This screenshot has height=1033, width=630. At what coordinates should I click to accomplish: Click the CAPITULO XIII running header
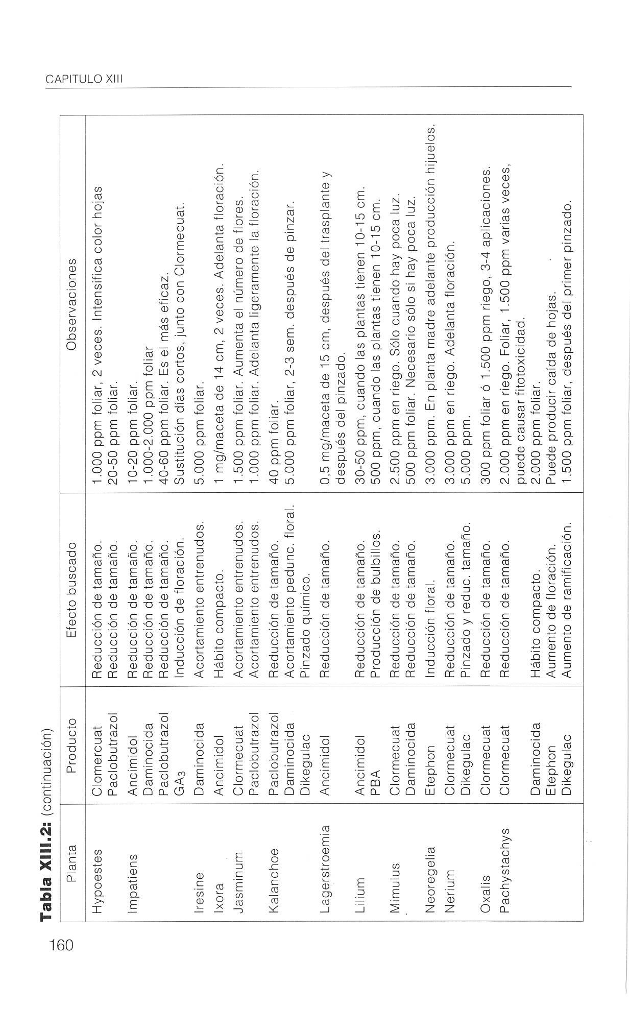84,79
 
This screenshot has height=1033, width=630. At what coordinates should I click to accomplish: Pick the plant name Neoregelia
430,857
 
